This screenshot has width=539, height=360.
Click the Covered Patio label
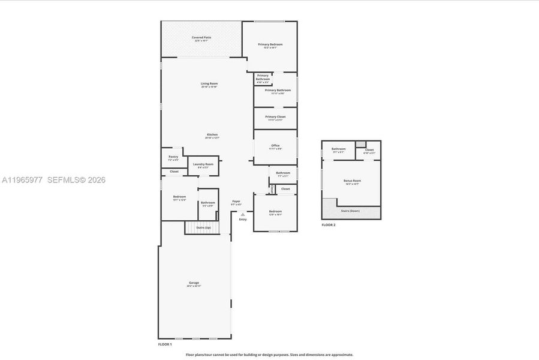click(x=201, y=37)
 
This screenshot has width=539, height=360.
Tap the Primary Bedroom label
click(x=270, y=44)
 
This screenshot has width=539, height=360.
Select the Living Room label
click(x=209, y=83)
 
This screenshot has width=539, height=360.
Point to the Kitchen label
click(x=212, y=134)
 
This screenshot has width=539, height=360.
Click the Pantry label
click(x=173, y=157)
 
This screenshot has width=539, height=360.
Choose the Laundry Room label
click(x=203, y=164)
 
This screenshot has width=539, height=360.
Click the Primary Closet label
click(x=275, y=116)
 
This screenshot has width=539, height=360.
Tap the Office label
click(x=275, y=145)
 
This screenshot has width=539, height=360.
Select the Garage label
click(x=194, y=283)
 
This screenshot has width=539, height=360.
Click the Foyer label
click(x=236, y=201)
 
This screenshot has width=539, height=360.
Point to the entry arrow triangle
click(x=243, y=214)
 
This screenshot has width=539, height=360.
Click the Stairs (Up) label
click(x=203, y=227)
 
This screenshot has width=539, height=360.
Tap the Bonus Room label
click(x=352, y=181)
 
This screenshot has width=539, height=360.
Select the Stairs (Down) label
click(x=350, y=211)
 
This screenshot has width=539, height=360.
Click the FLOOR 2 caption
click(x=329, y=225)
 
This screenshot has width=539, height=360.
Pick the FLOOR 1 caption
click(x=165, y=344)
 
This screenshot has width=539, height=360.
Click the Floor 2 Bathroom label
click(x=339, y=149)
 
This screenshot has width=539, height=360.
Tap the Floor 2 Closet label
click(x=369, y=150)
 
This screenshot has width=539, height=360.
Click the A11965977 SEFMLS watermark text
click(x=53, y=179)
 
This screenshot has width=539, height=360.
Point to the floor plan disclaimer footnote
click(x=269, y=355)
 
